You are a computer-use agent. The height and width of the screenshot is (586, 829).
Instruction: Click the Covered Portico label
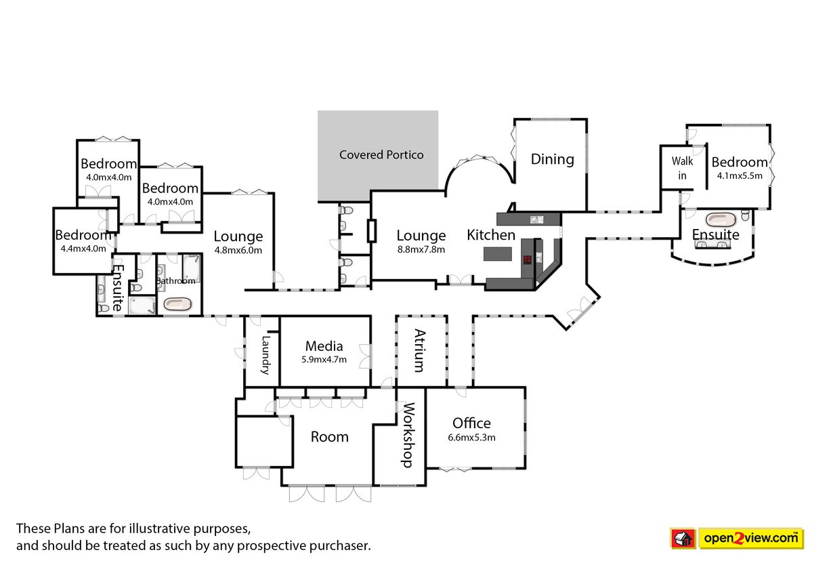381,154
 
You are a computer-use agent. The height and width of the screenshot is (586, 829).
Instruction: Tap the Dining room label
552,159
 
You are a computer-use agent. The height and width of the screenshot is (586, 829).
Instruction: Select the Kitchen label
491,235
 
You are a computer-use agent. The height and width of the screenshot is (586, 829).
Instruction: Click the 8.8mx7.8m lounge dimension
421,249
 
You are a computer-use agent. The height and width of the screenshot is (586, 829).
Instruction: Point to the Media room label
324,346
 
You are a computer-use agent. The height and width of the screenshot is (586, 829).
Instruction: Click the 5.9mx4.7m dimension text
324,359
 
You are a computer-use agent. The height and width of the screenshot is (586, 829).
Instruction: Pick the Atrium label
420,351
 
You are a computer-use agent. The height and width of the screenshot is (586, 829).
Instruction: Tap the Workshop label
408,435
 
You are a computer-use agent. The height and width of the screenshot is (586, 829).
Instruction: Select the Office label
471,423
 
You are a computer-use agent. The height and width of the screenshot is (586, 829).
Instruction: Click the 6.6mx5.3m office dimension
471,437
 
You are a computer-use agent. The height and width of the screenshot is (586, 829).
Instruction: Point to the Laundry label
265,355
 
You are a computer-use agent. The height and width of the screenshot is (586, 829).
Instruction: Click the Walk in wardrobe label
682,168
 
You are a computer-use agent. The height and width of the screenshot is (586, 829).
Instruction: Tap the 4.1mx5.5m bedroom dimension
740,175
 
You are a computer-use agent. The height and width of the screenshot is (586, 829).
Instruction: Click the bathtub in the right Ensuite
722,219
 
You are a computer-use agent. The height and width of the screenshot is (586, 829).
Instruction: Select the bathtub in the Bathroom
177,304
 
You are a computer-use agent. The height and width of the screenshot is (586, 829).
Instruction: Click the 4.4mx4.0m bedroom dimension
83,248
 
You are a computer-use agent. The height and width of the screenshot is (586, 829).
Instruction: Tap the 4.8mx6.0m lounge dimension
238,250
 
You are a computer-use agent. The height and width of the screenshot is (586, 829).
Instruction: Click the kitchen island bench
498,254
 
